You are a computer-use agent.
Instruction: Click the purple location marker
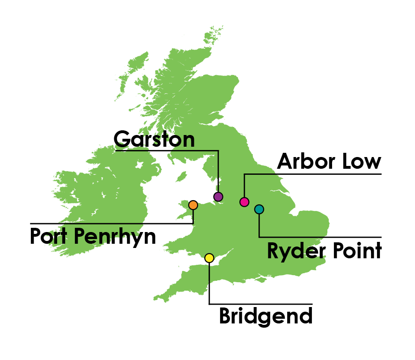[218, 197]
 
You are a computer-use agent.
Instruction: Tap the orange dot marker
[193, 205]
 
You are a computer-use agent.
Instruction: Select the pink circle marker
[245, 202]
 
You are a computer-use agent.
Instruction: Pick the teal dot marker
[259, 210]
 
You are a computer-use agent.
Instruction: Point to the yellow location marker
[209, 258]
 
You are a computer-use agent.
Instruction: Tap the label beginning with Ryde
[295, 251]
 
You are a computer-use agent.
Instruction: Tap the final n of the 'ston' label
[188, 140]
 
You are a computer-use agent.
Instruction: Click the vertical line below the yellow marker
[209, 274]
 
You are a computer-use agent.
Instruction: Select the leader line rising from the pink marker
[245, 185]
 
